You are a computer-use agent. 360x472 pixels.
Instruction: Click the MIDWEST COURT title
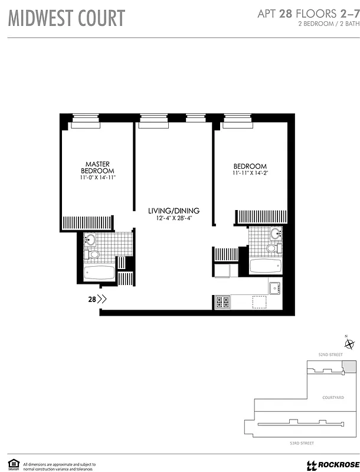coord(66,18)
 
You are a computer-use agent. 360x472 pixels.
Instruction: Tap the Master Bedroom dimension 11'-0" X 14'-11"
coord(99,178)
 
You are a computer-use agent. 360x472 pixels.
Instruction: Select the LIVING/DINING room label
coord(174,211)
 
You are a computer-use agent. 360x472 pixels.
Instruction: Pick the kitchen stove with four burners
coord(222,302)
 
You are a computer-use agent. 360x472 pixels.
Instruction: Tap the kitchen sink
coord(274,289)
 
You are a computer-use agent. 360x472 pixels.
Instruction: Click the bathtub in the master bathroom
coord(99,273)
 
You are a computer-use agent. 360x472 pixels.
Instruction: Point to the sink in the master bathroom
coord(90,240)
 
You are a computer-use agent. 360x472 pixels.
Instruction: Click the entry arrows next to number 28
coord(102,299)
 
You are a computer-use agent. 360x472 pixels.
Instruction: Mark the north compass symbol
coord(349,345)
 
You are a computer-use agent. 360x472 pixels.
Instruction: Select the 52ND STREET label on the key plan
coord(330,355)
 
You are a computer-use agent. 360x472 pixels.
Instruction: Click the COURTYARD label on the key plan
coord(334,398)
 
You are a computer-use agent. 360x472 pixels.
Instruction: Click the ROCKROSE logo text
coord(335,464)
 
